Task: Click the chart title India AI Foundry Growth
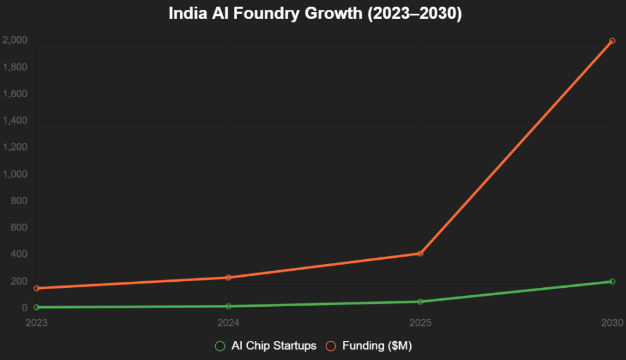click(x=315, y=13)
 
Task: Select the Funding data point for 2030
click(x=612, y=41)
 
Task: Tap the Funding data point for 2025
click(x=420, y=253)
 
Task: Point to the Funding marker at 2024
click(x=228, y=277)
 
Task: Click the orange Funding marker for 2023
click(x=37, y=288)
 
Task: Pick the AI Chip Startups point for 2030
click(x=612, y=282)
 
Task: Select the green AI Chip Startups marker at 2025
click(x=420, y=301)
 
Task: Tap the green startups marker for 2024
click(x=228, y=306)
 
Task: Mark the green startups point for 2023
click(x=37, y=307)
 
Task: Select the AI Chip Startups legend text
click(x=274, y=346)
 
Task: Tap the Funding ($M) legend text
click(x=377, y=346)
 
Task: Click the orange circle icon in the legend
click(x=331, y=346)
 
